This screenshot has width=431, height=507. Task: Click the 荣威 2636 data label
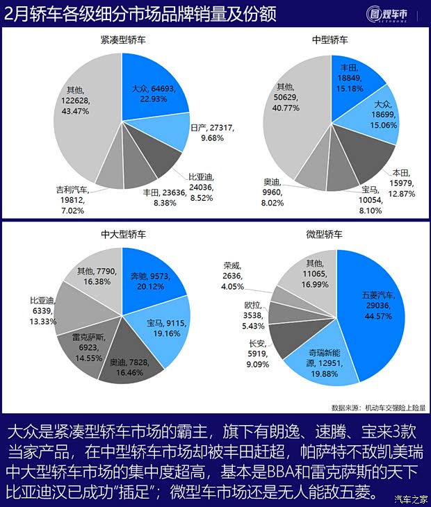(x=232, y=275)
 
